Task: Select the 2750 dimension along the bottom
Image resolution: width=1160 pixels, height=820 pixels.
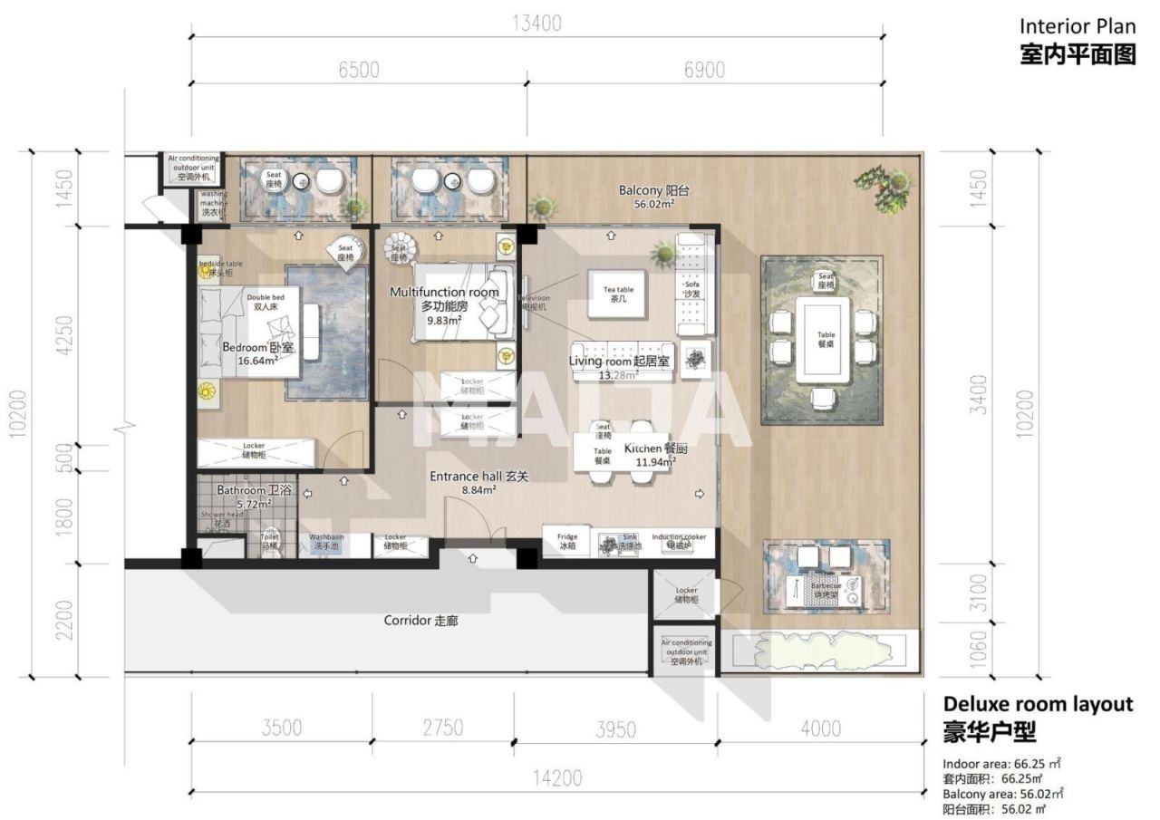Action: (442, 728)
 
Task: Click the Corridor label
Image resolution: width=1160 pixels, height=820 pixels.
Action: (422, 621)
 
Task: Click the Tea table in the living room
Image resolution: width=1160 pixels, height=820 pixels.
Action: (619, 294)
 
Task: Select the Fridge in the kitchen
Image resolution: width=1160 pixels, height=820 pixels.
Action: (567, 542)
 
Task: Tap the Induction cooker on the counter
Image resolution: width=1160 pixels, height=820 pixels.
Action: (679, 542)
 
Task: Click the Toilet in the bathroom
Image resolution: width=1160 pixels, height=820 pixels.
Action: (269, 542)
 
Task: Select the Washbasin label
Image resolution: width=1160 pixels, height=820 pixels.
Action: (325, 542)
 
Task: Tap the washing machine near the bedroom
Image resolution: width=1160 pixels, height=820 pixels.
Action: (213, 203)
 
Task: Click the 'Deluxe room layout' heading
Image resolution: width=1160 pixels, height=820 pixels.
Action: (1038, 704)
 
